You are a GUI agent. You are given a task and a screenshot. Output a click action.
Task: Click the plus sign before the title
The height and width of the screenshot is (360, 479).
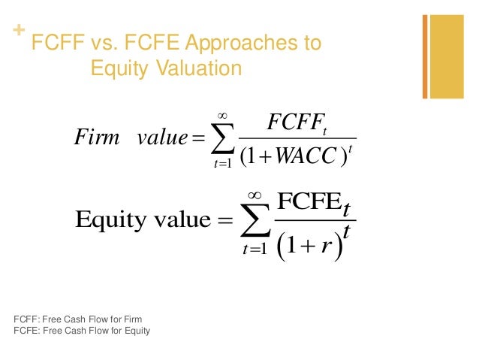18,32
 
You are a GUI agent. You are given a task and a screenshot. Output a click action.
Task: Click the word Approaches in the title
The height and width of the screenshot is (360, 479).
226,43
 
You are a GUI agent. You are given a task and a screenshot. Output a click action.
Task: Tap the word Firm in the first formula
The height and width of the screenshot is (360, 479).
98,138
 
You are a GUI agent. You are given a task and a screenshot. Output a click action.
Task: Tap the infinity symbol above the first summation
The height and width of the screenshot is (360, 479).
222,113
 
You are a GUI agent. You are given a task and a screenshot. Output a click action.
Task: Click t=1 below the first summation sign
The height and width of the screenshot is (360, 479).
223,165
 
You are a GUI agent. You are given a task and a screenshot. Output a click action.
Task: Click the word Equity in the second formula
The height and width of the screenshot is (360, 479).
113,220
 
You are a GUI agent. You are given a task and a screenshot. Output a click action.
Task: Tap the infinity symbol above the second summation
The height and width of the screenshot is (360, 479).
261,194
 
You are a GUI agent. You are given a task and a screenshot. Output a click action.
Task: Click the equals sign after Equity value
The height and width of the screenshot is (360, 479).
225,221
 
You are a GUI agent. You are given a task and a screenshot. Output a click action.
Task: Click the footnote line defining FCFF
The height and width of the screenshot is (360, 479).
78,319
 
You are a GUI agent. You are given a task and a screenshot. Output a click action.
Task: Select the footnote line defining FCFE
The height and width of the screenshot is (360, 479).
82,330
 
